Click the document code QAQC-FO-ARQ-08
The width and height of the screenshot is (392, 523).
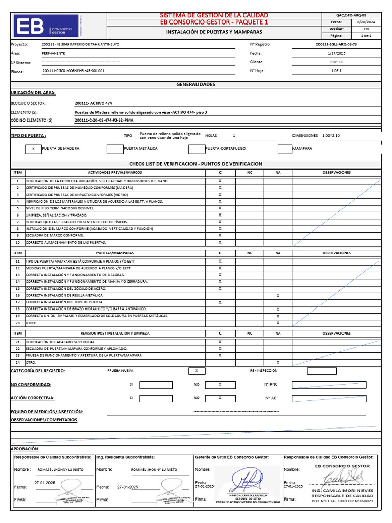pyautogui.click(x=352, y=15)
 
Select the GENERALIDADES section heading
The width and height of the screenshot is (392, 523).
pyautogui.click(x=195, y=84)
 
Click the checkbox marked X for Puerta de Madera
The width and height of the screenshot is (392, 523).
pyautogui.click(x=33, y=149)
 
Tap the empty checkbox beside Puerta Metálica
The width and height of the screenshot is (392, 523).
pyautogui.click(x=115, y=149)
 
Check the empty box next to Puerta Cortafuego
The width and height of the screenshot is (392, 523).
pyautogui.click(x=197, y=149)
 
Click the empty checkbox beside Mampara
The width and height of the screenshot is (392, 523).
pyautogui.click(x=284, y=149)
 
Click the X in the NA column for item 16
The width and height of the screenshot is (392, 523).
pyautogui.click(x=278, y=296)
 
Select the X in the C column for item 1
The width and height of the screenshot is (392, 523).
pyautogui.click(x=220, y=181)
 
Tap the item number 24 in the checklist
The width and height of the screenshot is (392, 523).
pyautogui.click(x=17, y=362)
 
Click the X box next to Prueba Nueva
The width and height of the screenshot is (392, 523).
pyautogui.click(x=197, y=371)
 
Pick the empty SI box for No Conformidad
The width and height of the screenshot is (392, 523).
pyautogui.click(x=156, y=385)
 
